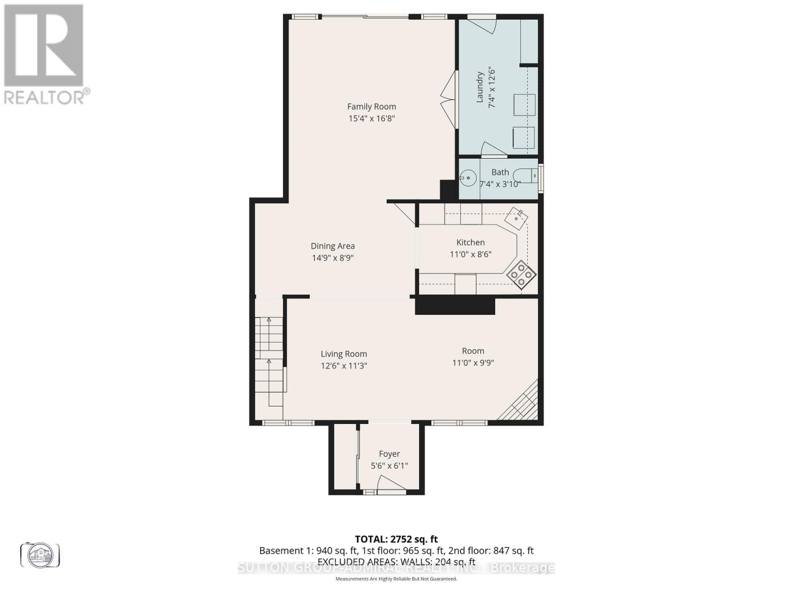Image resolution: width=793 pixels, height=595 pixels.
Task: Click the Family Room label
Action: [x=371, y=107]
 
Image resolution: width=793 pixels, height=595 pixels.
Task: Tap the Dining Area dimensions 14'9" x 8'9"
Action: [x=332, y=258]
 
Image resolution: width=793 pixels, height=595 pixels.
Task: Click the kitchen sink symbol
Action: [x=516, y=217]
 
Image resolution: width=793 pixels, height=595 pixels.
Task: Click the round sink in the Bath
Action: [x=468, y=177]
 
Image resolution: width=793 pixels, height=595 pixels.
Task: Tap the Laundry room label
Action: [x=480, y=87]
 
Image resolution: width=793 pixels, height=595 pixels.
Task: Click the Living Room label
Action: [x=343, y=354]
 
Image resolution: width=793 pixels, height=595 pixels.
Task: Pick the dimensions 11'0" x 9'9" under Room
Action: [x=473, y=363]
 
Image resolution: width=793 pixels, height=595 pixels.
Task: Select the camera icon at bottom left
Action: [x=40, y=554]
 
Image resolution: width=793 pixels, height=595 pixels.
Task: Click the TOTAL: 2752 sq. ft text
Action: [x=396, y=539]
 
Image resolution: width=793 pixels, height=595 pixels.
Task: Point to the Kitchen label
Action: [x=470, y=242]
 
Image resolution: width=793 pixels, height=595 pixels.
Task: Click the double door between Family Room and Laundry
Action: [x=449, y=100]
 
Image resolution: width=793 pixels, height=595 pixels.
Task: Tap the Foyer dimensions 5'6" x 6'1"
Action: [x=389, y=466]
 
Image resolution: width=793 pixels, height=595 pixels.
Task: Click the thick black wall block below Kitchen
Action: [x=454, y=305]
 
